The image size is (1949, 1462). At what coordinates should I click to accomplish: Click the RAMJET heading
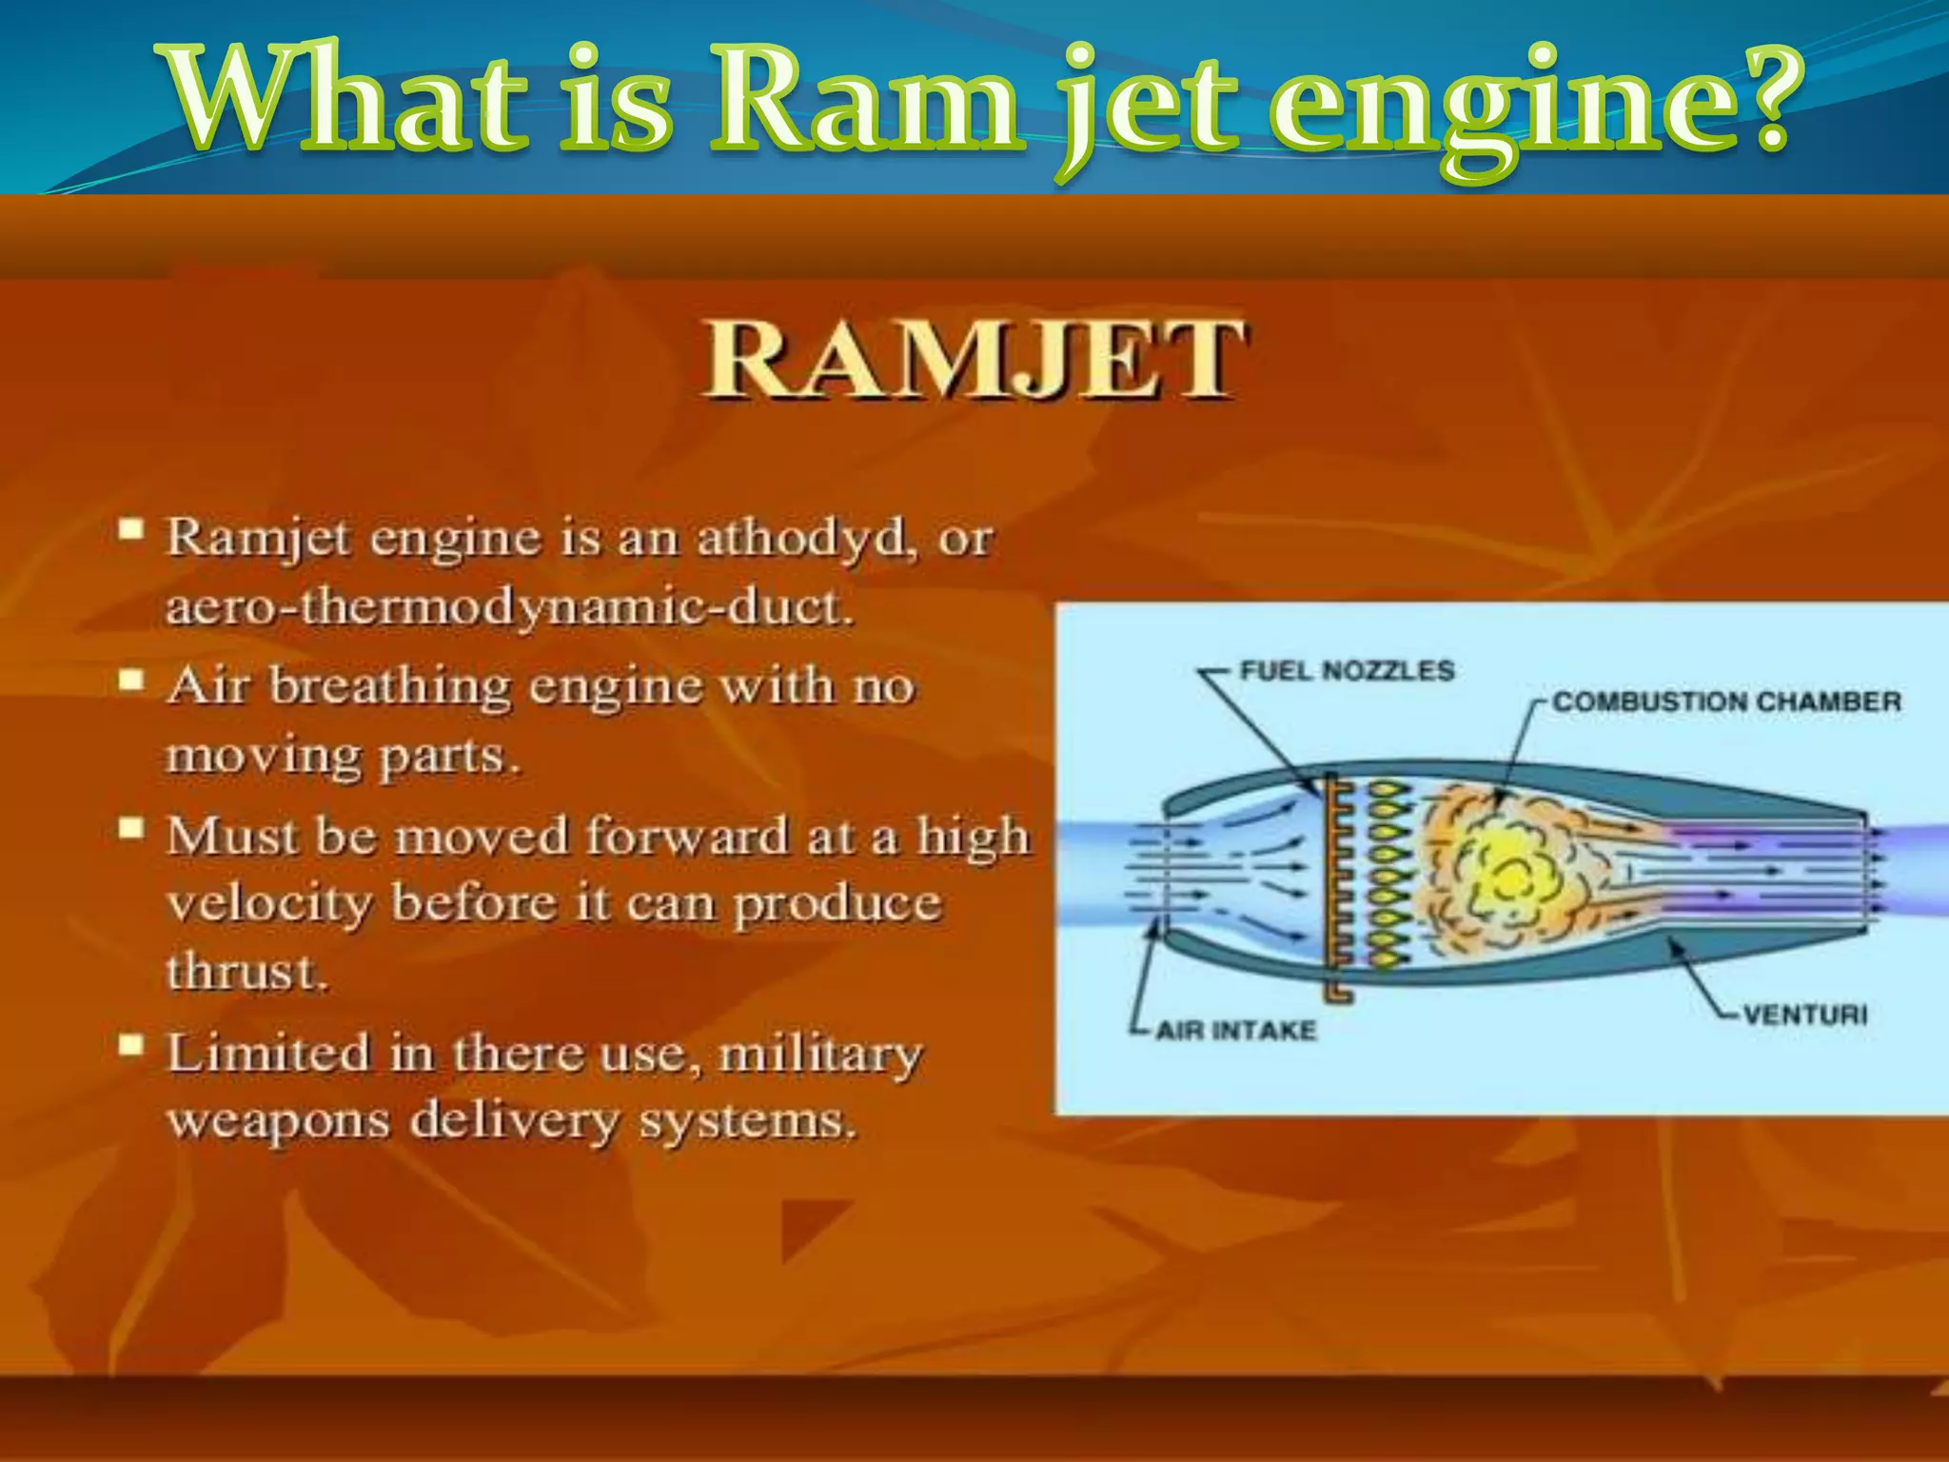coord(973,363)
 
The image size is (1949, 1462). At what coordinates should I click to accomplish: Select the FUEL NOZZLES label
coord(1346,671)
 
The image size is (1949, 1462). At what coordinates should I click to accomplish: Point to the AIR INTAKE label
coord(1235,1031)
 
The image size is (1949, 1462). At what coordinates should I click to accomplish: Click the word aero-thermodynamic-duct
coord(509,607)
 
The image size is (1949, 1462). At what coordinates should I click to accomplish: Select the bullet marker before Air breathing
coord(131,681)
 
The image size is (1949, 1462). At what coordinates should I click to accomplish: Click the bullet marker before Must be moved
coord(131,829)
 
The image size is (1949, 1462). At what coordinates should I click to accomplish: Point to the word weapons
coord(278,1121)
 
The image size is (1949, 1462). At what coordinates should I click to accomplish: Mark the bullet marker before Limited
coord(131,1047)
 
